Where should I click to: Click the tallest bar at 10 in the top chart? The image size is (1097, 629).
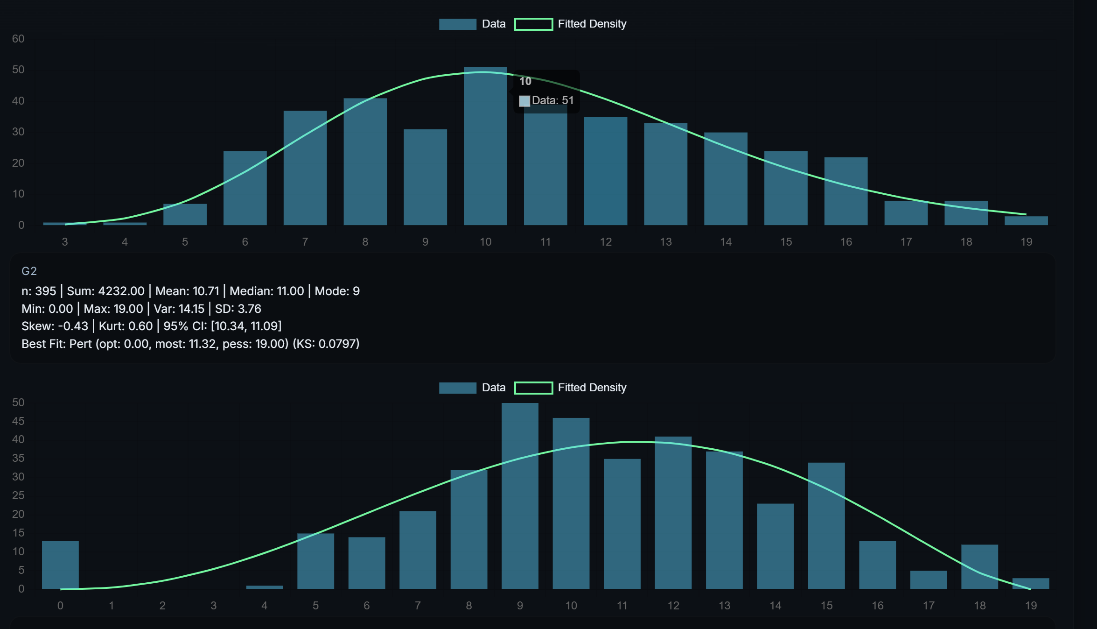click(485, 149)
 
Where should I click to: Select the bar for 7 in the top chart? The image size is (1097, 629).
click(305, 168)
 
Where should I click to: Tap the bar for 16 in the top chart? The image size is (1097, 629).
click(846, 191)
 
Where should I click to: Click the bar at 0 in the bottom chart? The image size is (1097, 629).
click(60, 565)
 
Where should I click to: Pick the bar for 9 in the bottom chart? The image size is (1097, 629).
click(520, 495)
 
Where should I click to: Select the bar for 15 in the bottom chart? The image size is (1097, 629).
click(826, 525)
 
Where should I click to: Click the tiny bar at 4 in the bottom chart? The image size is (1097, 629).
click(265, 587)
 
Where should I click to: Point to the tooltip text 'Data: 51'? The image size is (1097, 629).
click(552, 100)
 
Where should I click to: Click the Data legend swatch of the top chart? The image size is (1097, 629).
click(457, 24)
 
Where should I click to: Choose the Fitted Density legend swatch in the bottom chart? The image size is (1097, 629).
click(533, 388)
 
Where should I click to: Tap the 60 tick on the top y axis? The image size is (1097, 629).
click(18, 39)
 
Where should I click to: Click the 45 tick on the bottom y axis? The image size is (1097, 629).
click(18, 421)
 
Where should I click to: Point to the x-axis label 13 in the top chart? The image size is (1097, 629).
click(666, 242)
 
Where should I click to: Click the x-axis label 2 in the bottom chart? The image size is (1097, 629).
click(162, 606)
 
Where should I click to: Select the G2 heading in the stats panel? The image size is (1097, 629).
click(29, 271)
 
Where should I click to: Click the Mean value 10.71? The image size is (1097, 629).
click(206, 291)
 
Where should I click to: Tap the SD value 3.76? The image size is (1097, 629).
click(250, 309)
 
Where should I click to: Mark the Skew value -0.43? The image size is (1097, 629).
click(73, 326)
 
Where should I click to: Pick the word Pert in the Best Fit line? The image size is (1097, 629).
click(81, 344)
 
